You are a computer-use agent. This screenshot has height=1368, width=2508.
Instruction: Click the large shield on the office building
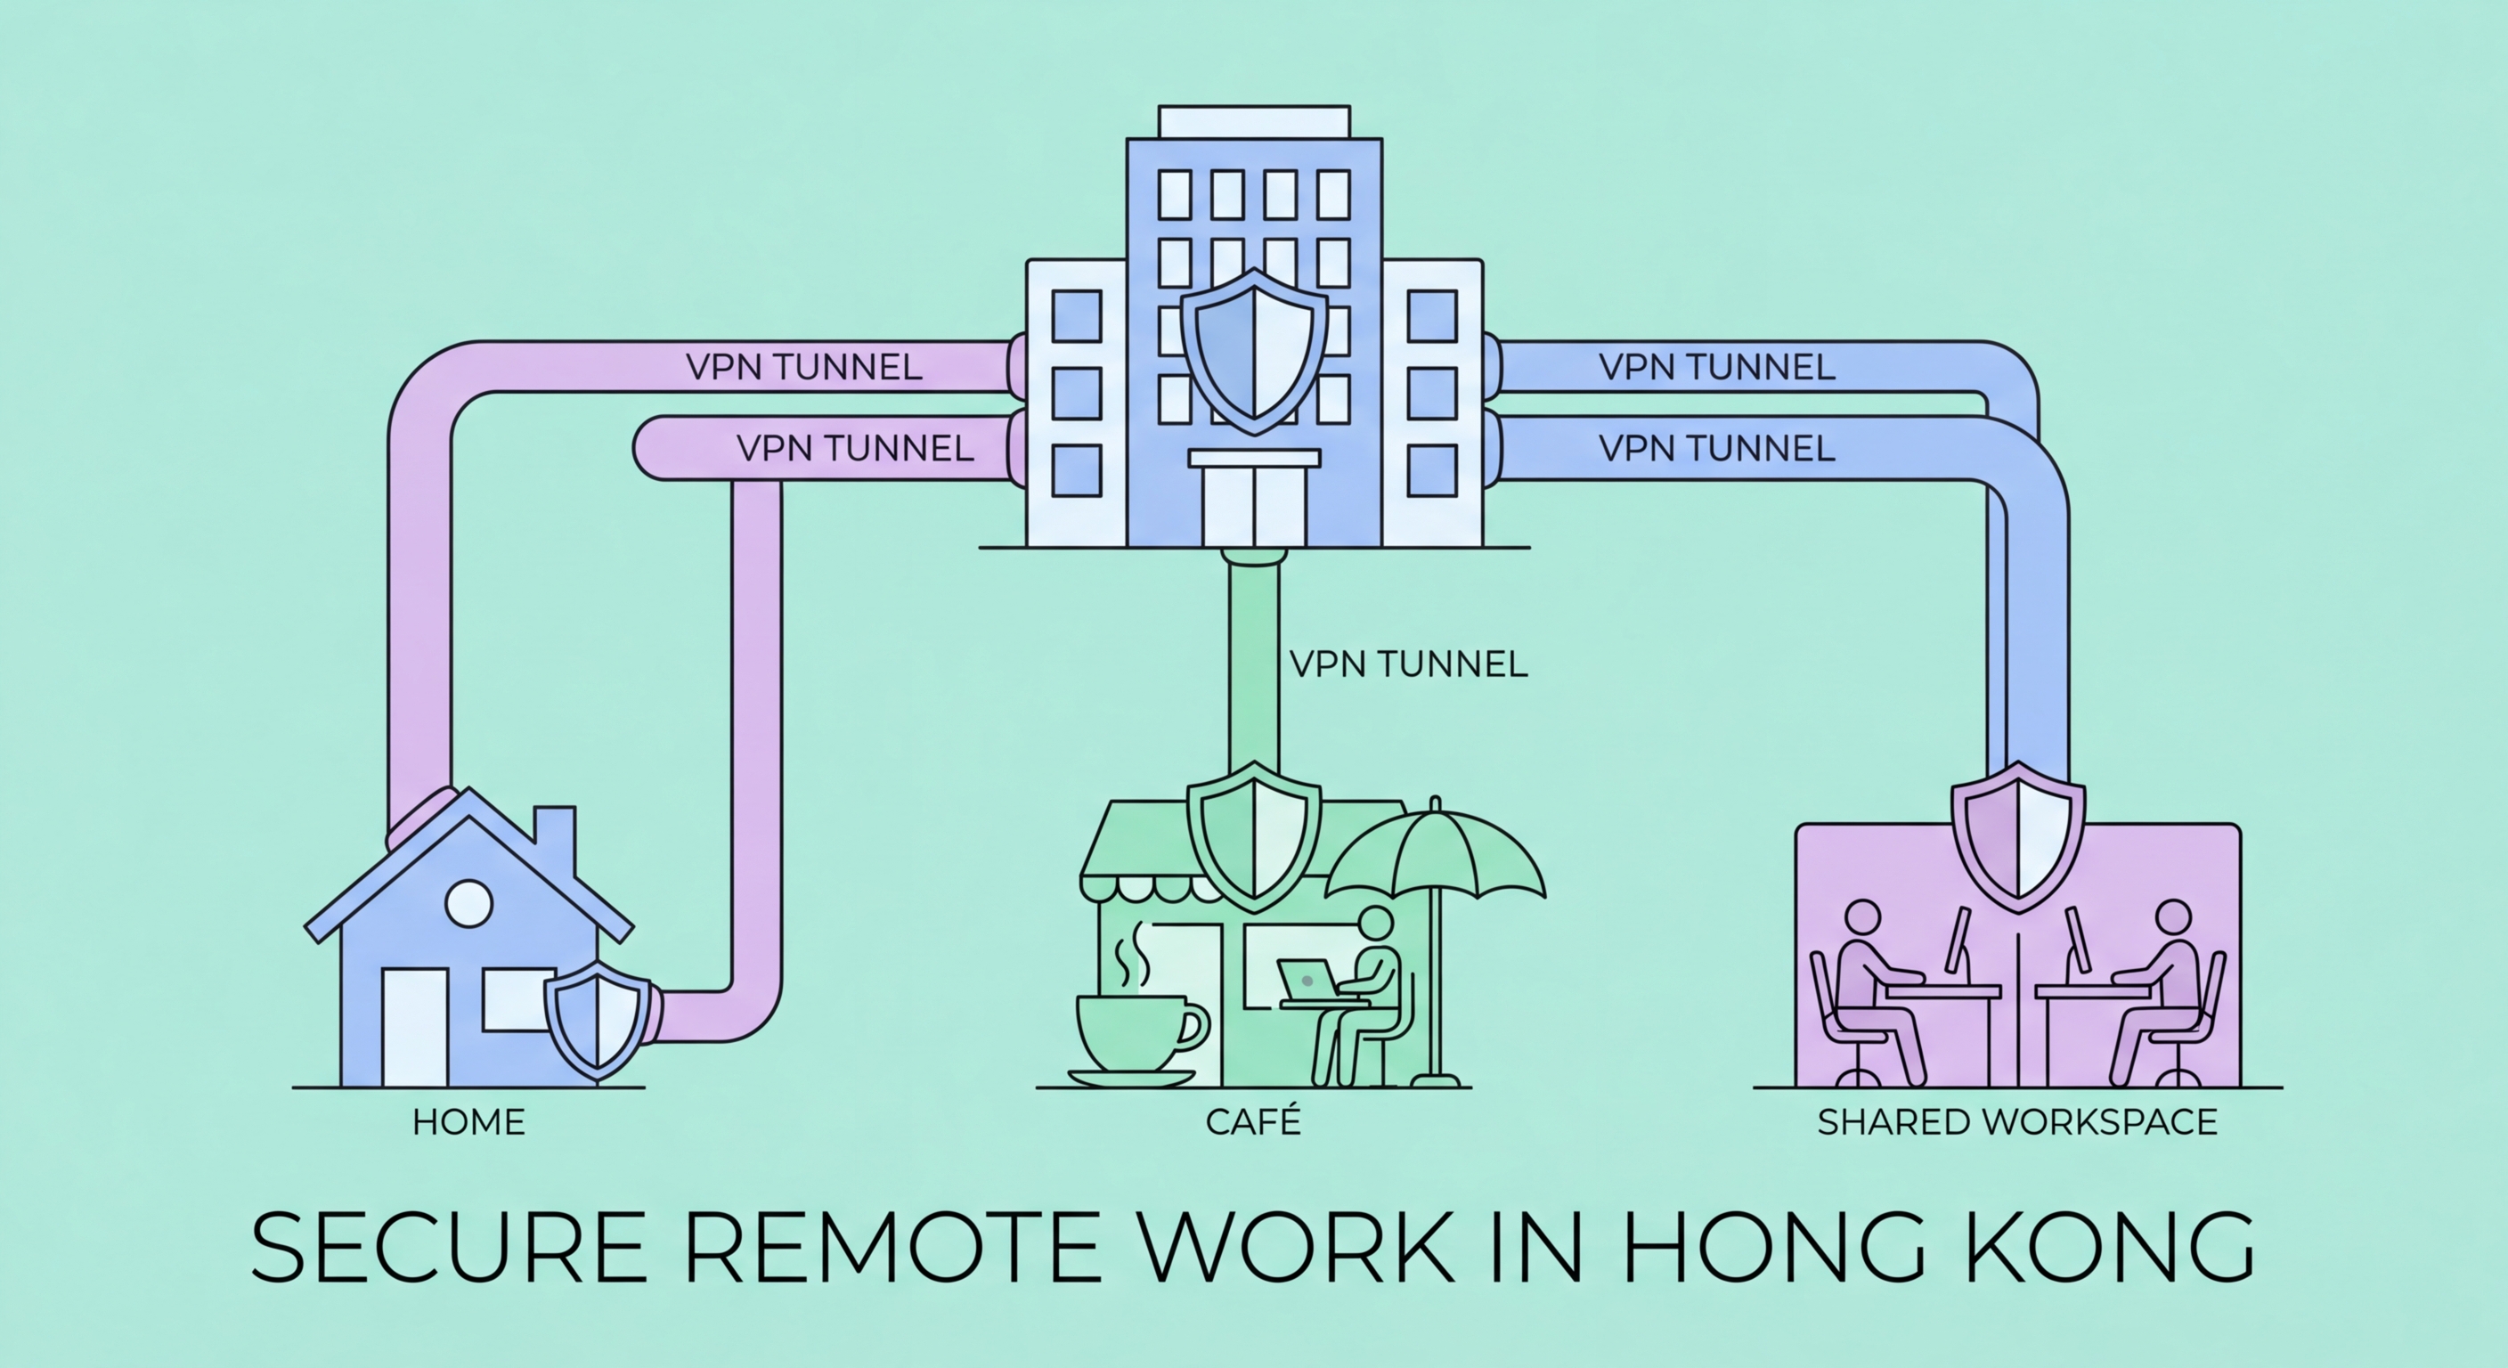click(1254, 351)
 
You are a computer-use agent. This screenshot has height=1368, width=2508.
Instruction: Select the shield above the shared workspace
click(2018, 835)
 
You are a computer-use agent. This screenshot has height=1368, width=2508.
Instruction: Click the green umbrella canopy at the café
click(1435, 857)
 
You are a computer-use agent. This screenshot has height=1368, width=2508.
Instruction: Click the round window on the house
click(468, 902)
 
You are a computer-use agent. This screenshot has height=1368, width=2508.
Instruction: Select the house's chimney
click(555, 837)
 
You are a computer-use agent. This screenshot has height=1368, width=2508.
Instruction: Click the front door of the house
click(415, 1027)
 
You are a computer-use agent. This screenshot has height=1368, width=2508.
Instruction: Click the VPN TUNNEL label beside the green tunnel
click(1408, 665)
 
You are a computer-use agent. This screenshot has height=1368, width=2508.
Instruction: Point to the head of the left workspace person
click(1862, 918)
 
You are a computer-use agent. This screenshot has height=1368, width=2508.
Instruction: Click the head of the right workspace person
click(2173, 918)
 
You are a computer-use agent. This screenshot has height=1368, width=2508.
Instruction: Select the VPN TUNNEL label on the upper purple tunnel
click(804, 367)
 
